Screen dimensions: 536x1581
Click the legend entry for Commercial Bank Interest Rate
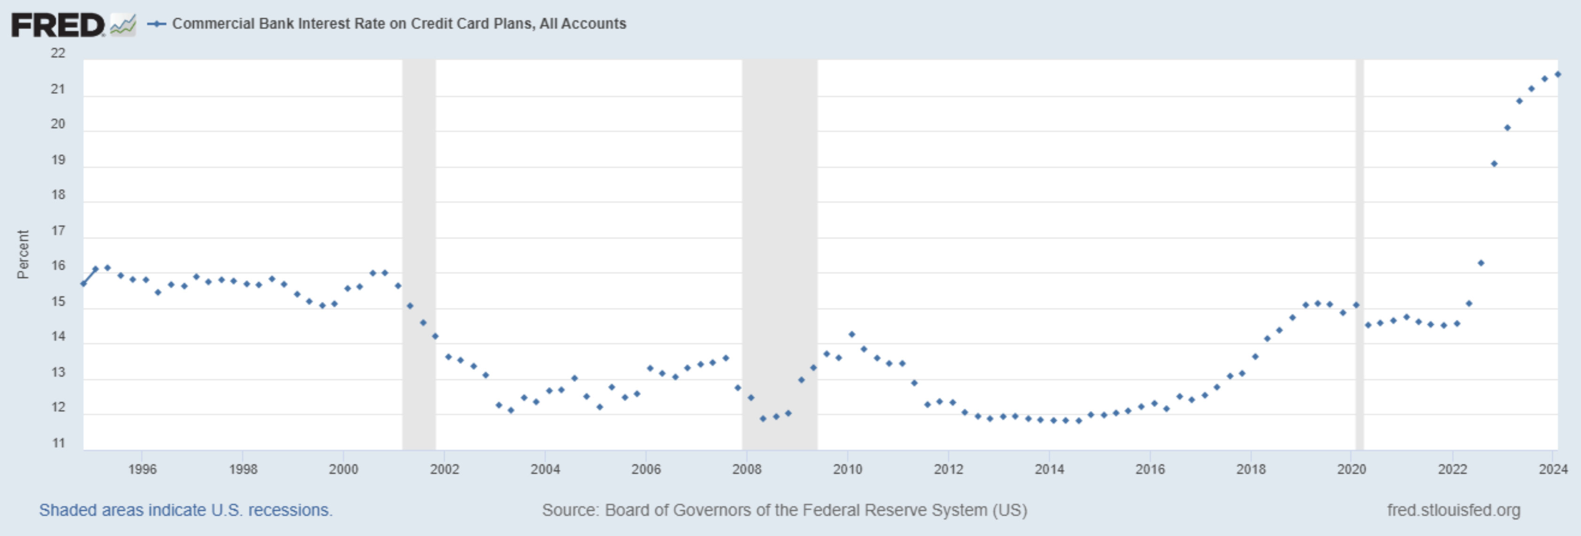(x=399, y=24)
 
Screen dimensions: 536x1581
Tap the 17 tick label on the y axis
(x=58, y=230)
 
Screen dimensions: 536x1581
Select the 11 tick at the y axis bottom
(x=58, y=443)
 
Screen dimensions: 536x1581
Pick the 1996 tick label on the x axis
(x=142, y=469)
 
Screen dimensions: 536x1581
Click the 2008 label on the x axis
(x=746, y=469)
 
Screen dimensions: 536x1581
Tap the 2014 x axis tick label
(x=1049, y=469)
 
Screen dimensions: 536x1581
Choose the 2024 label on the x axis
(x=1553, y=469)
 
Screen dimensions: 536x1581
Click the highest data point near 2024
(x=1557, y=74)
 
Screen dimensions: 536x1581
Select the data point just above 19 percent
(x=1494, y=164)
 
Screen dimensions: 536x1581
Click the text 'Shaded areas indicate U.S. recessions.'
(x=185, y=510)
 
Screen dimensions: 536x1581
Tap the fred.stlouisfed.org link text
(x=1453, y=510)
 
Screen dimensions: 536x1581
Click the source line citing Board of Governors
(x=784, y=510)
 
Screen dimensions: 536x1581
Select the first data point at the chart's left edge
(x=84, y=283)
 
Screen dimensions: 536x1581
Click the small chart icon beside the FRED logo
(x=123, y=25)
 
